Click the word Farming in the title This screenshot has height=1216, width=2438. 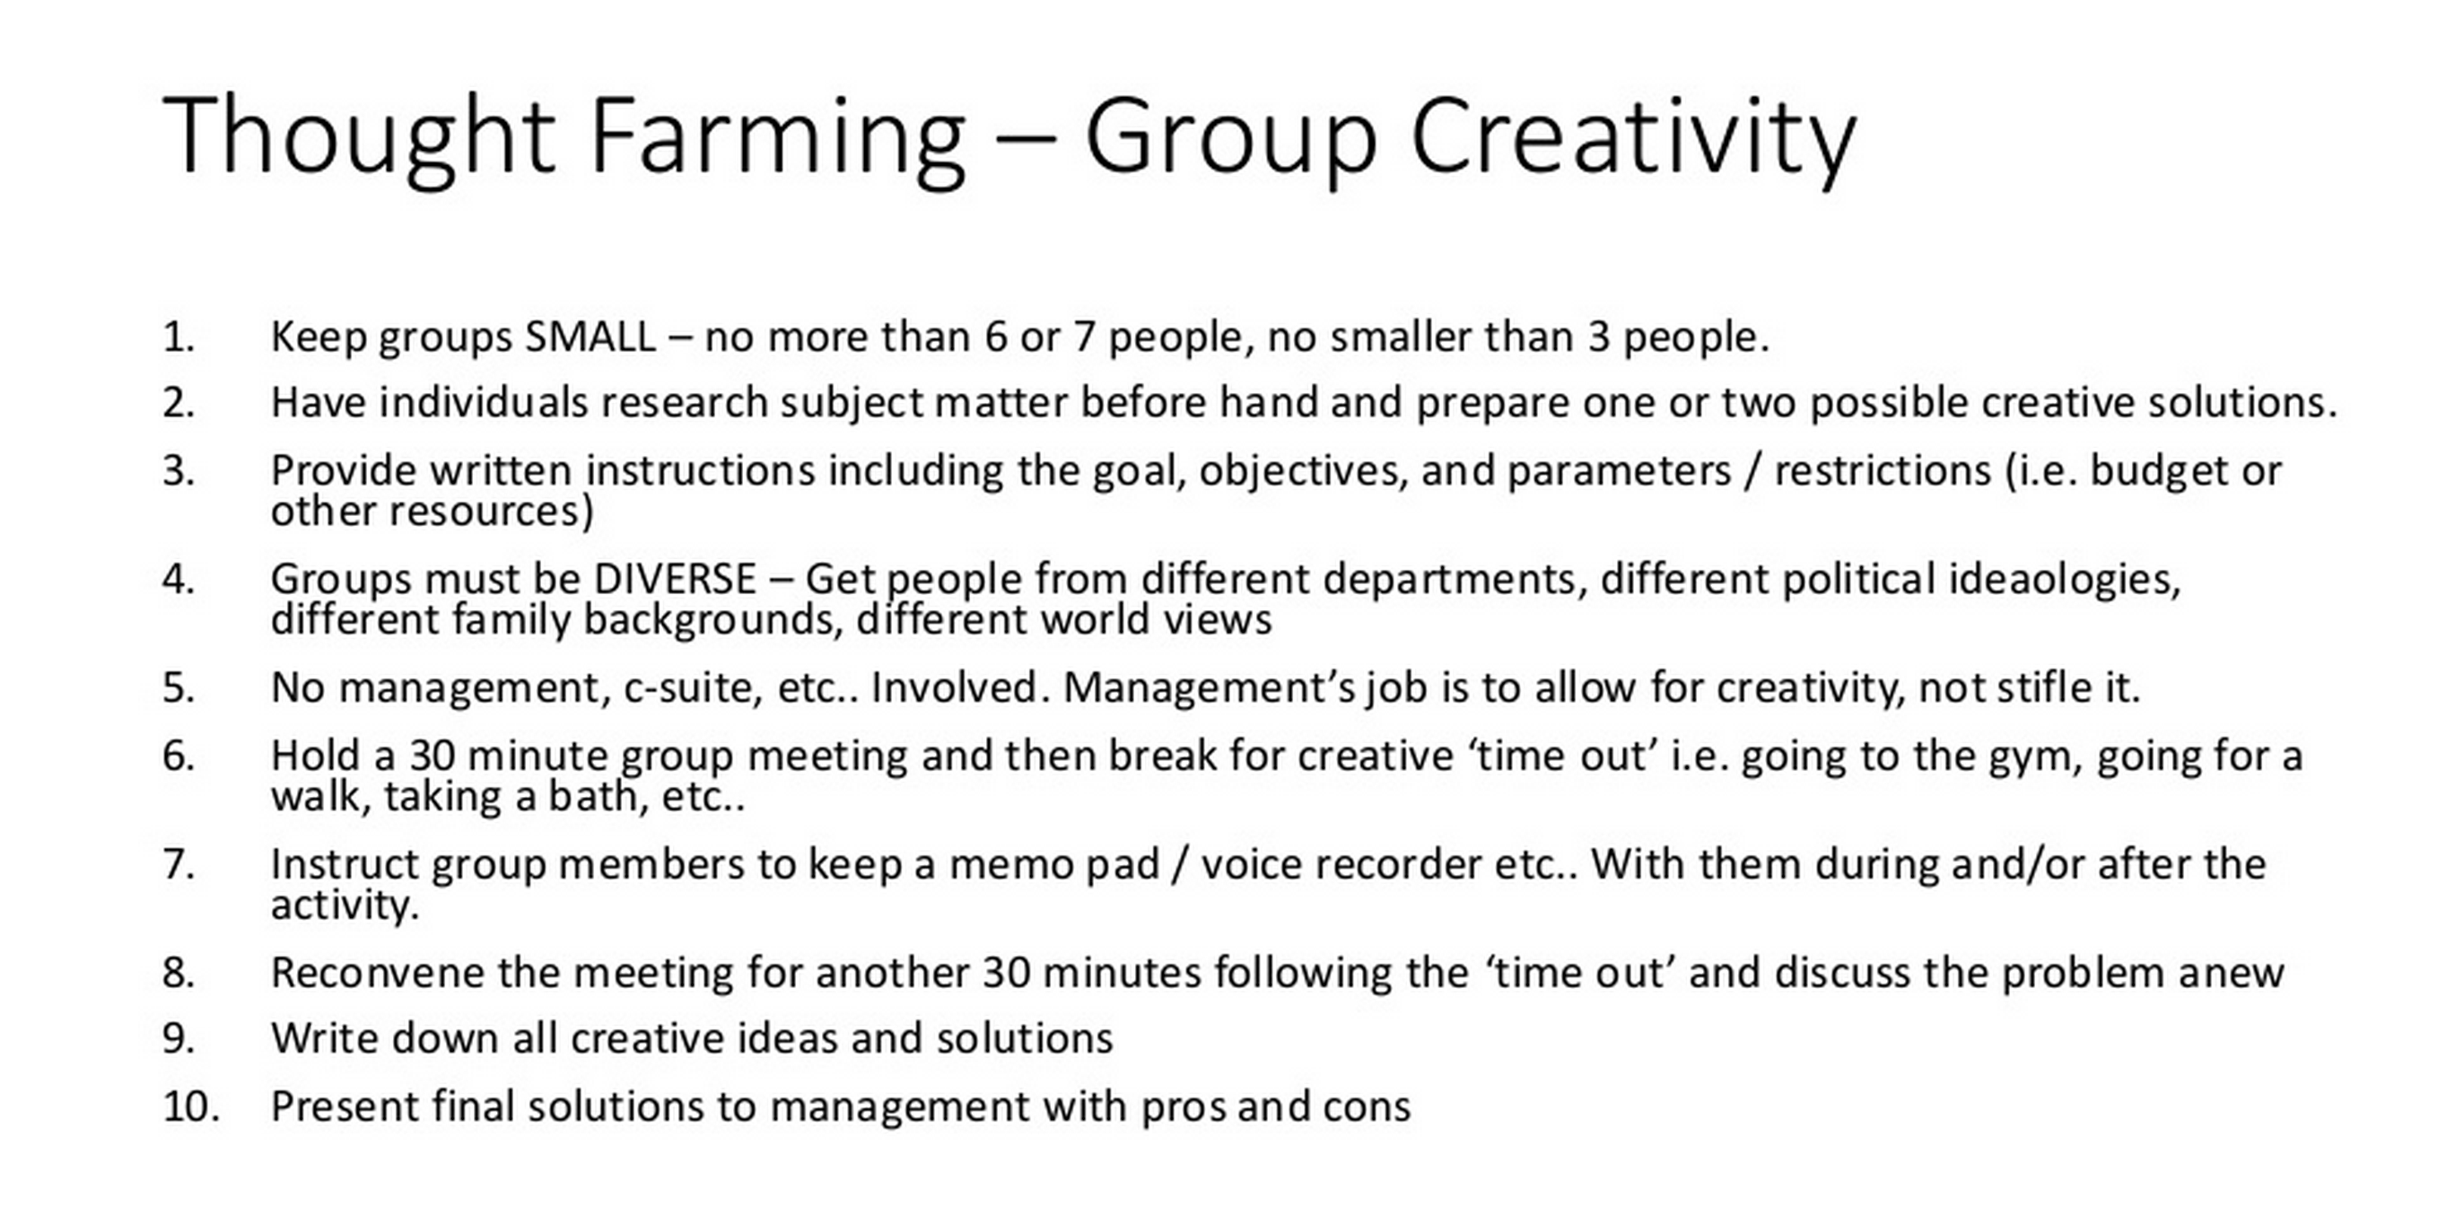point(777,138)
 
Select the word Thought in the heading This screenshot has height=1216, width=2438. point(359,138)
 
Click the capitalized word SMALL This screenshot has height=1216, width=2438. point(590,337)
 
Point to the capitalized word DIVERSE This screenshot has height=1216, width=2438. point(675,579)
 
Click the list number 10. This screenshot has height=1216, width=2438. point(190,1107)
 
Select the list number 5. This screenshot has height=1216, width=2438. point(178,688)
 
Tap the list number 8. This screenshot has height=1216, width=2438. point(178,973)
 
